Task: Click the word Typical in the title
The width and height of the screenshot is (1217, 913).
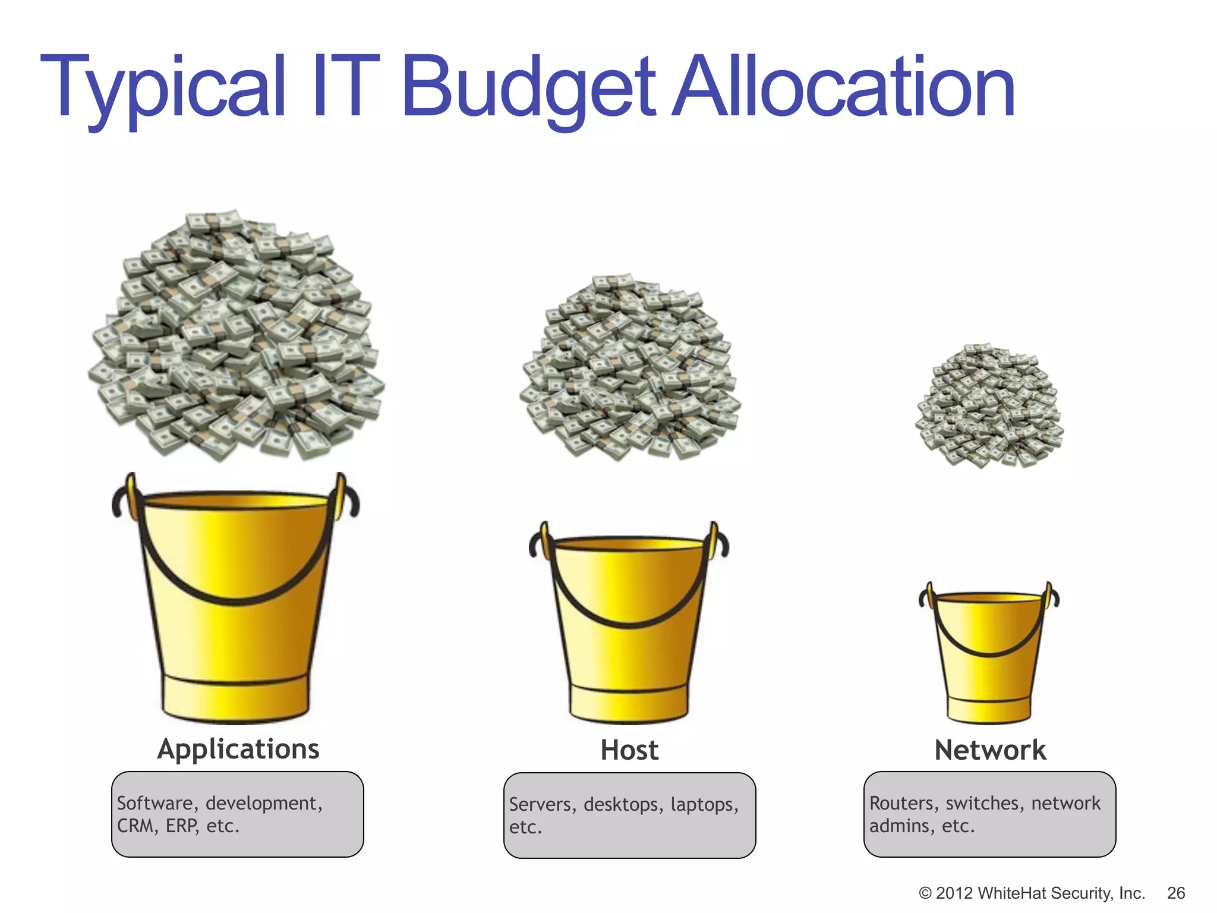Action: (163, 88)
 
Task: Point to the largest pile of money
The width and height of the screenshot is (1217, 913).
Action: (237, 336)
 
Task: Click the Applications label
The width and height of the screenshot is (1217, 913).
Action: (238, 749)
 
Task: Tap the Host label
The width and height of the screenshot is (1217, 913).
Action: (629, 750)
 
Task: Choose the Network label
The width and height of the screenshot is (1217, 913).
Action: (990, 750)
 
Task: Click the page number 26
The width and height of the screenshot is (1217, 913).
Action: (1176, 893)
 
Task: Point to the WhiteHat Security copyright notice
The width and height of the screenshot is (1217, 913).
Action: (1031, 893)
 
